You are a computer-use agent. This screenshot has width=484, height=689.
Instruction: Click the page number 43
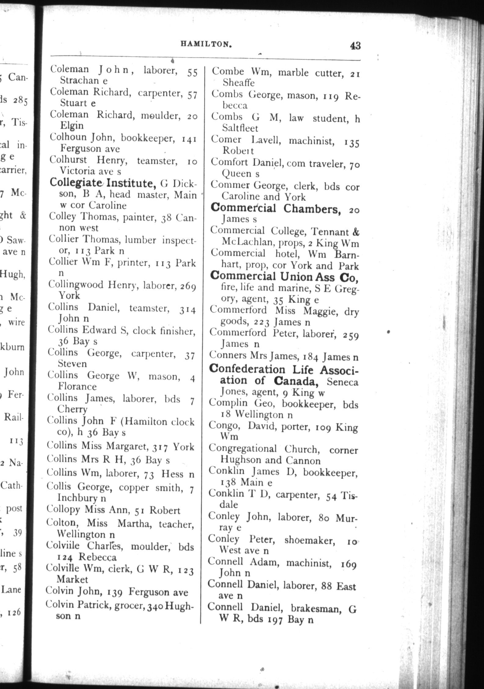355,46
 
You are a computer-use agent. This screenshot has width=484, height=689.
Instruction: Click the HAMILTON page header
206,44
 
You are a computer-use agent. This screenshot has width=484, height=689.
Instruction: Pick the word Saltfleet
240,128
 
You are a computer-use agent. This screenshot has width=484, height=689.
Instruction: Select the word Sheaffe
238,82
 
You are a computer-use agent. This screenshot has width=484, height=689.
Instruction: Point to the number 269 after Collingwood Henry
188,287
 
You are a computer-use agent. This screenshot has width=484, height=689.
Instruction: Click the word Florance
77,387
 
